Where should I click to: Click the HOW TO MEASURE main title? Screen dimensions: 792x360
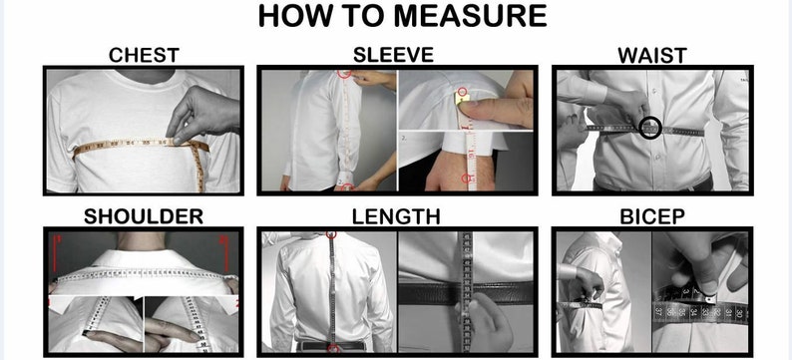coord(402,16)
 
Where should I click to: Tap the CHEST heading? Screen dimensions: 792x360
coord(144,55)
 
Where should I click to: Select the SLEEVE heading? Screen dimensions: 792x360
coord(393,55)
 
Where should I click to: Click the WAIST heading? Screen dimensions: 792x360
coord(652,56)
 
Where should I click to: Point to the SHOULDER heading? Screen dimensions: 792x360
coord(144,216)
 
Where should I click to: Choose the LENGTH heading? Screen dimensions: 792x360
coord(396,216)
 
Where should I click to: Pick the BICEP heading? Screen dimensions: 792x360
coord(652,216)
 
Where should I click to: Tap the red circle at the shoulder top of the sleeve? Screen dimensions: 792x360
coord(344,74)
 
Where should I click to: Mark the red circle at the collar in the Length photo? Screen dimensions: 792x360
coord(331,234)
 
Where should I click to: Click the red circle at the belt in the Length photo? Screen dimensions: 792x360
coord(333,348)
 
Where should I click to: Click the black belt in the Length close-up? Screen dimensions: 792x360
coord(465,293)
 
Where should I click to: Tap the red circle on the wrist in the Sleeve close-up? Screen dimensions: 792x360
coord(468,178)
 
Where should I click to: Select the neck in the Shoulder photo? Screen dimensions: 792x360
coord(141,242)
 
